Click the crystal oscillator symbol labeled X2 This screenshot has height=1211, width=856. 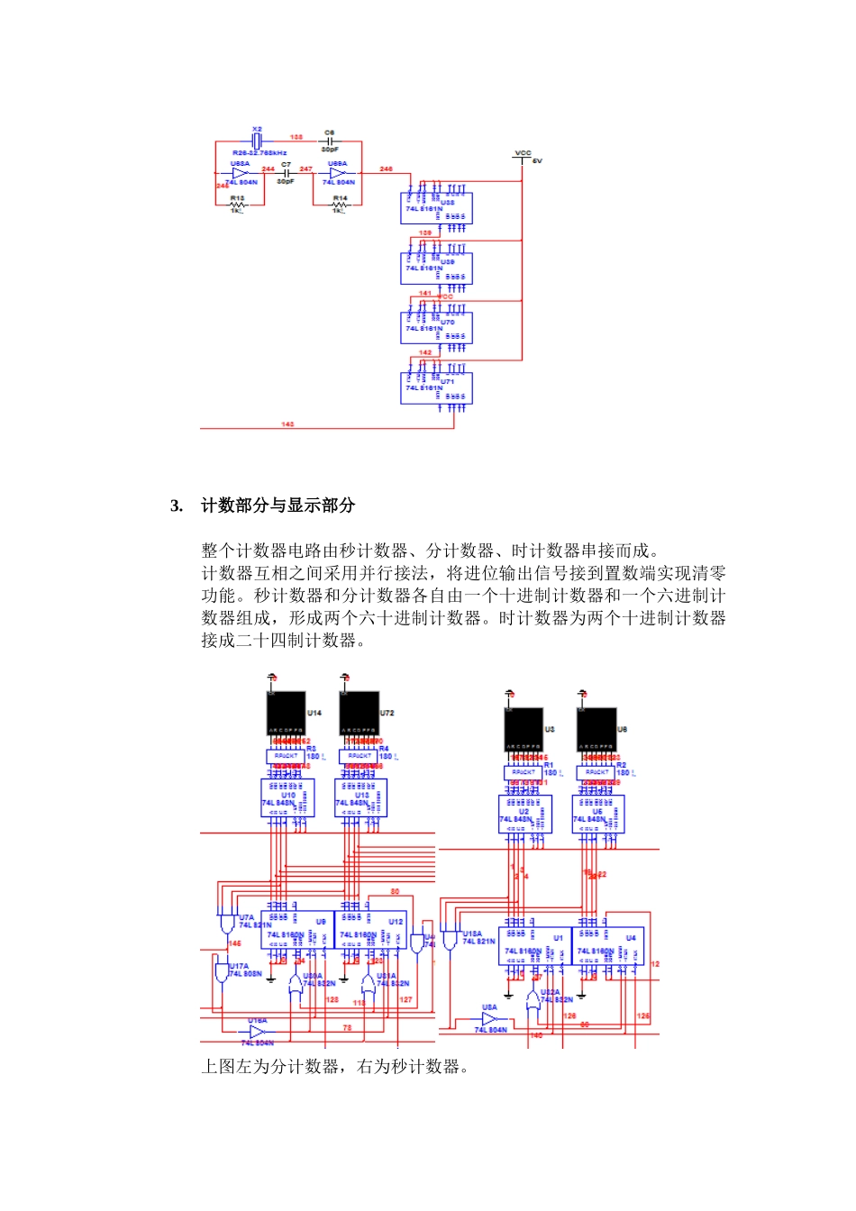pos(257,141)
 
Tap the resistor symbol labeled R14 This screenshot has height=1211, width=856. pos(339,205)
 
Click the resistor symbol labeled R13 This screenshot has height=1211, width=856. pos(238,205)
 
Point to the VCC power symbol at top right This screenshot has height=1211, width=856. pos(523,159)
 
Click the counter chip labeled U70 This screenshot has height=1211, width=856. pos(436,328)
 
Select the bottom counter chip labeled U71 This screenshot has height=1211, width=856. pos(436,387)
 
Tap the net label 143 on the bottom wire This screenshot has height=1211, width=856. pos(287,423)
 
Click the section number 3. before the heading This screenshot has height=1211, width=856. pos(177,505)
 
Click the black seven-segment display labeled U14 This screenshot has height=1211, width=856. pos(286,713)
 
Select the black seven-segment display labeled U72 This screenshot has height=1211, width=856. pos(359,713)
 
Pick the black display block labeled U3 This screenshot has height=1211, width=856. pos(523,729)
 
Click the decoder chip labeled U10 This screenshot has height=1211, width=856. pos(287,798)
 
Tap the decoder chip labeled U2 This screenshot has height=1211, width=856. pos(524,815)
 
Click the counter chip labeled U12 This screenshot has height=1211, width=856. pos(370,929)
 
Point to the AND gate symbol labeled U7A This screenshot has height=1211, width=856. pos(226,924)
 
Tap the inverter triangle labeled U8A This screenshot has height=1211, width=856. pos(489,1019)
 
